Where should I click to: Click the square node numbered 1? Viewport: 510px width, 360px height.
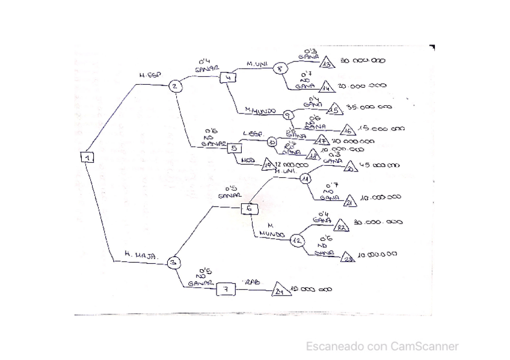point(88,157)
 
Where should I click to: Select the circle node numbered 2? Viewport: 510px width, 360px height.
point(174,86)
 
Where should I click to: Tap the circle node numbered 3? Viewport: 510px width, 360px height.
point(173,262)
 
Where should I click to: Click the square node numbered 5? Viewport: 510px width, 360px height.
point(235,148)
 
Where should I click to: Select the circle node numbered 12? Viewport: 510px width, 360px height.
point(297,240)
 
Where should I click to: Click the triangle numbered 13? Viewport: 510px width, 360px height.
point(327,63)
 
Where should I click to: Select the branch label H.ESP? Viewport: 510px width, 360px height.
point(147,76)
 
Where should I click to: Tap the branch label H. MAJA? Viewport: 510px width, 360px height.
point(141,255)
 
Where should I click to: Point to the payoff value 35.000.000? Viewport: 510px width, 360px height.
point(369,107)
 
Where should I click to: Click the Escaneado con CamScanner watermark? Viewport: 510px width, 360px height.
point(382,346)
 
